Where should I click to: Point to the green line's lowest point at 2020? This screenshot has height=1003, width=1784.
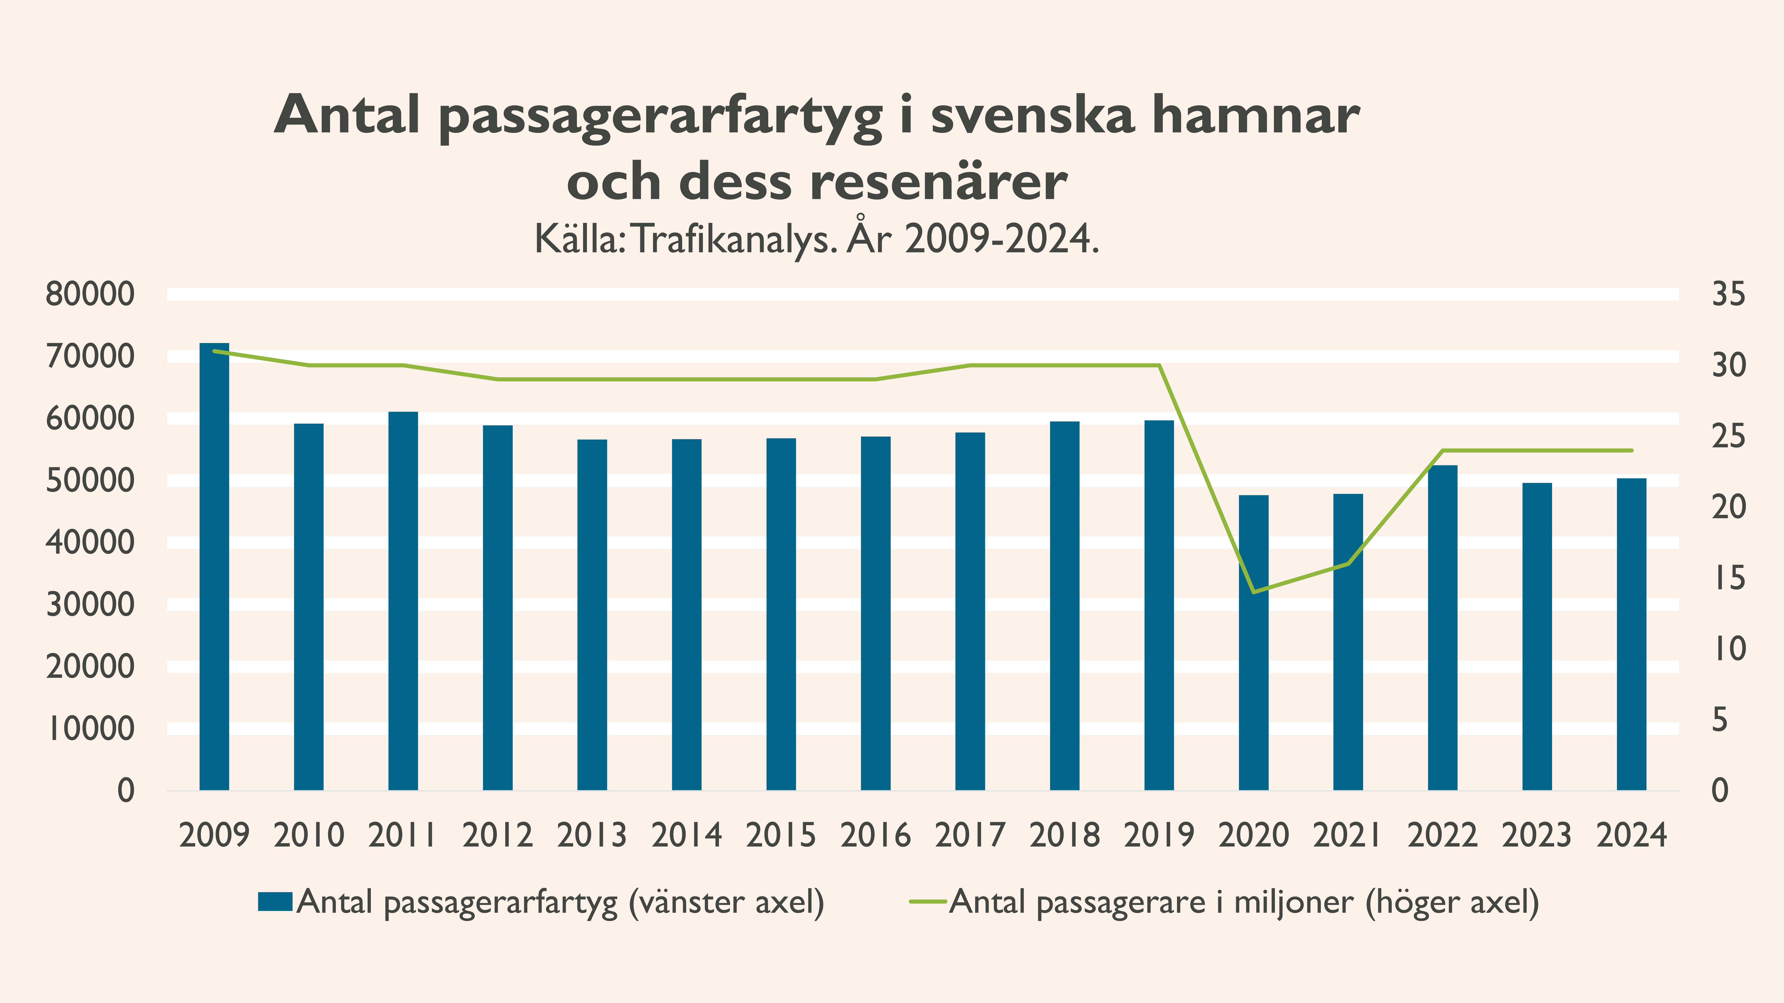click(1253, 592)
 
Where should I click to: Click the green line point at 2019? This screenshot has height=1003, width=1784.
click(1159, 366)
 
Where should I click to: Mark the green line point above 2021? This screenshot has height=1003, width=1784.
click(1348, 563)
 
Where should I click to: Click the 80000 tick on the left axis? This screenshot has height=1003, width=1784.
click(90, 294)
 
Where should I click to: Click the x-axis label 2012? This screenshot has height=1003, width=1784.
click(497, 835)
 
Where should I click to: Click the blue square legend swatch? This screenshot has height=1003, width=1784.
click(275, 902)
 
